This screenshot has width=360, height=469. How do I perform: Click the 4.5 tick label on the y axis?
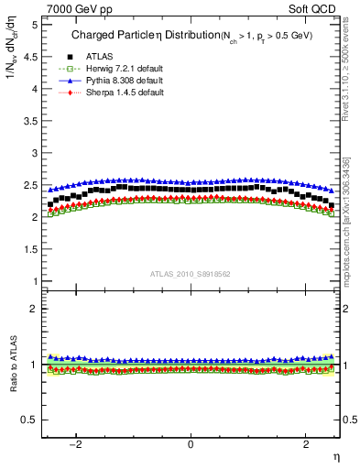pyautogui.click(x=29, y=57)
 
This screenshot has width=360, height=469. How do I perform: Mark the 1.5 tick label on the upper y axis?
pyautogui.click(x=29, y=249)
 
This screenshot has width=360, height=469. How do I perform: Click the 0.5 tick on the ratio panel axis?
pyautogui.click(x=29, y=420)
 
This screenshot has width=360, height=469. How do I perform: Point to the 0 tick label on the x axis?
pyautogui.click(x=191, y=444)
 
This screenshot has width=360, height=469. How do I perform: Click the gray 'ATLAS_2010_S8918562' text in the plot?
pyautogui.click(x=190, y=274)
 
